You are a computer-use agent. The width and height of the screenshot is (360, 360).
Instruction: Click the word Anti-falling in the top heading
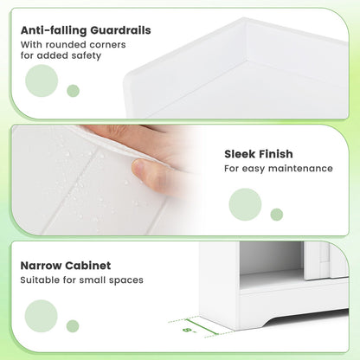(x=53, y=30)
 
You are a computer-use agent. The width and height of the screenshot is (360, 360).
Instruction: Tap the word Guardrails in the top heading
(x=119, y=30)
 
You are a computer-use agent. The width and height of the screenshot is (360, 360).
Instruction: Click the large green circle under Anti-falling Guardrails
(x=42, y=81)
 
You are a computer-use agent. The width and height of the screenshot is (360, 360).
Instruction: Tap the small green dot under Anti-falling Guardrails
(x=74, y=91)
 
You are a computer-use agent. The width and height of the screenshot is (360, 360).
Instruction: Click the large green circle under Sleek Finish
(x=246, y=204)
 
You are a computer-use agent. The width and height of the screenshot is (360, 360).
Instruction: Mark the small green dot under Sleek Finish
(x=277, y=214)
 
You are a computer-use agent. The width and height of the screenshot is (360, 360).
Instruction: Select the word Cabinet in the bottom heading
(x=93, y=266)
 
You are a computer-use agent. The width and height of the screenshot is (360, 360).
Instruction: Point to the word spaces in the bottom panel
(x=125, y=280)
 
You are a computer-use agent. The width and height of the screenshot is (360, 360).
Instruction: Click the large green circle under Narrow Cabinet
(x=42, y=315)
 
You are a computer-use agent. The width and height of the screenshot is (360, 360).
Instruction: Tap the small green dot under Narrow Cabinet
(x=73, y=325)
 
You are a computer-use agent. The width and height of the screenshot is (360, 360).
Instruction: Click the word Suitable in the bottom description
(x=42, y=280)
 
